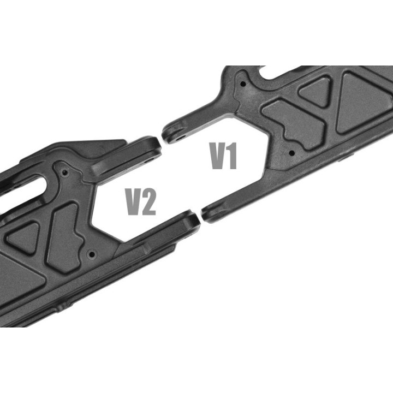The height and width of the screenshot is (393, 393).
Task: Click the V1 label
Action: [223, 156]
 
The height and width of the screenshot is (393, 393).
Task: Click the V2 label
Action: [141, 202]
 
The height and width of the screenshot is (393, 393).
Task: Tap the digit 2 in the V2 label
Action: [147, 202]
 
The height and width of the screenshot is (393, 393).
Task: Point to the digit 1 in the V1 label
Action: [232, 156]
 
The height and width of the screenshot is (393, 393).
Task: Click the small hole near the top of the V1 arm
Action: [242, 84]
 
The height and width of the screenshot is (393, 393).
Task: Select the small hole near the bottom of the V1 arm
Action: [291, 152]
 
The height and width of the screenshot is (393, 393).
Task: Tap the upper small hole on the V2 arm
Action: [65, 172]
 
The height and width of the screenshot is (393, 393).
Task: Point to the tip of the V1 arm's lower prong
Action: [202, 212]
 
